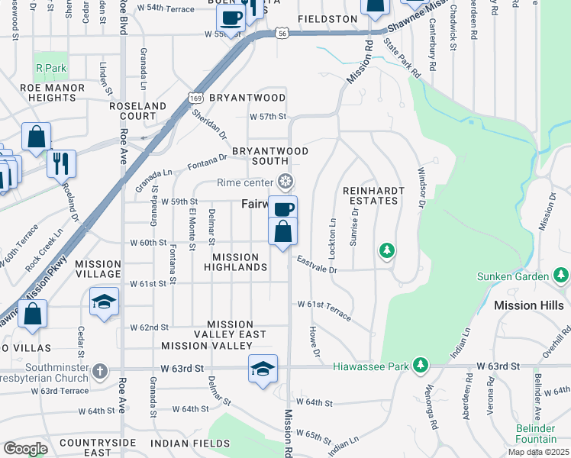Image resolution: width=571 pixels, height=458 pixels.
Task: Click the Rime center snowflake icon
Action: click(285, 182)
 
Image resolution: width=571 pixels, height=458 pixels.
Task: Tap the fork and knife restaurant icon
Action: click(61, 163)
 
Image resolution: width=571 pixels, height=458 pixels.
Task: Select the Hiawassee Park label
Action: click(371, 366)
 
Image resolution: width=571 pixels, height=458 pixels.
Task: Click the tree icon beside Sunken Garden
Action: click(563, 276)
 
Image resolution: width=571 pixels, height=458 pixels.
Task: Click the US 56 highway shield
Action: click(282, 34)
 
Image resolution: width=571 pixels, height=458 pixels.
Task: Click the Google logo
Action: click(25, 448)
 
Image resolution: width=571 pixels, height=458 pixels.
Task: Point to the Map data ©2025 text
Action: click(538, 452)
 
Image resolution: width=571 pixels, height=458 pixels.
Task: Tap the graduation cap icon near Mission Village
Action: click(105, 301)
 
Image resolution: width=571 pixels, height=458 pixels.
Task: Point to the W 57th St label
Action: click(268, 117)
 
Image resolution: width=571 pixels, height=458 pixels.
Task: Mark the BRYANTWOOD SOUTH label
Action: click(270, 156)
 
